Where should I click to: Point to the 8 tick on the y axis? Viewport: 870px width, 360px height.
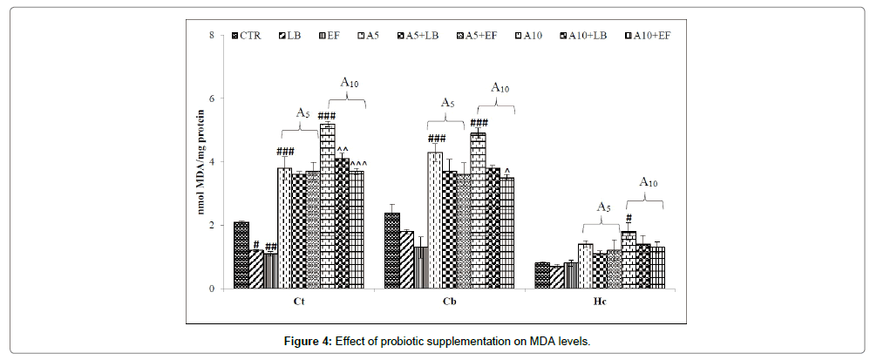(212, 36)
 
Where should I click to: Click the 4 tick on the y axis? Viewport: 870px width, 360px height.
(212, 162)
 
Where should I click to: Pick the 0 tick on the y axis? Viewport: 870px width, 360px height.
(212, 289)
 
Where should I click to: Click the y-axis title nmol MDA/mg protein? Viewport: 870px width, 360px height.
(201, 162)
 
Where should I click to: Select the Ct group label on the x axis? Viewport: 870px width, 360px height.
(298, 302)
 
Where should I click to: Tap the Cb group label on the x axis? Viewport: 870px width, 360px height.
(449, 302)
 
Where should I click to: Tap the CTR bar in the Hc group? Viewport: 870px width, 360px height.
(542, 275)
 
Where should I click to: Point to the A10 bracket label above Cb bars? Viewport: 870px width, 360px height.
(500, 87)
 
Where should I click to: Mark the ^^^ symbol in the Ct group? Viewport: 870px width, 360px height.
(359, 163)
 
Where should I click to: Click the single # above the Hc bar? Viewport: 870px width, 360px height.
(629, 219)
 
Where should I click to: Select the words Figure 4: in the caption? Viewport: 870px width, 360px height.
(308, 342)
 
